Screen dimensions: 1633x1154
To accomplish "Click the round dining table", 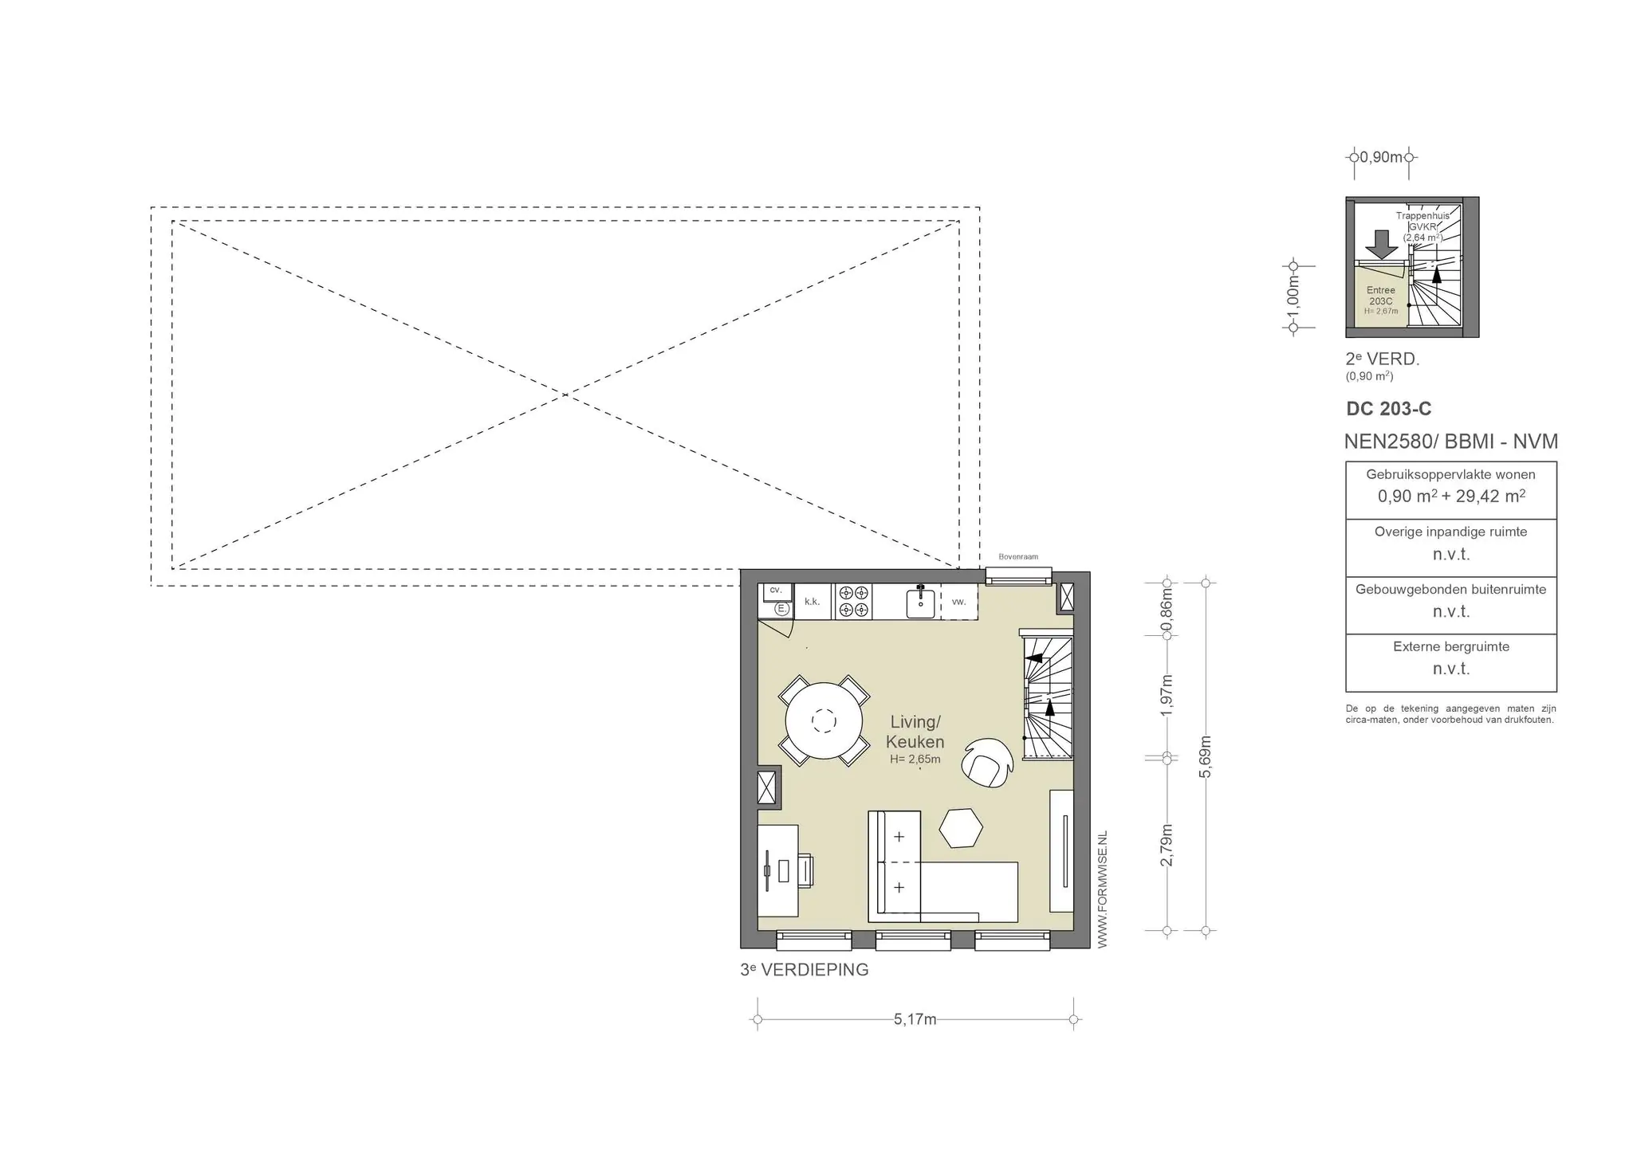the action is (824, 721).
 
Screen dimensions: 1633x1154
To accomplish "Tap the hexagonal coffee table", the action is (960, 829).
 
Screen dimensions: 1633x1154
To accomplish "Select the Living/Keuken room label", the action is (915, 732).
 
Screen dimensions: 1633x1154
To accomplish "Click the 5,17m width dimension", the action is (915, 1019).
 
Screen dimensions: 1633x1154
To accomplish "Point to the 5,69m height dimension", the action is (1206, 756).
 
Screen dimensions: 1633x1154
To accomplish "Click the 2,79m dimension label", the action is (1167, 845).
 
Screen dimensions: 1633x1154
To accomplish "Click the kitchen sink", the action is (923, 601).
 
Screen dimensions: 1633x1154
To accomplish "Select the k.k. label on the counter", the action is (812, 602).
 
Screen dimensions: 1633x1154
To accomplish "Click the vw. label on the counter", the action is (958, 602).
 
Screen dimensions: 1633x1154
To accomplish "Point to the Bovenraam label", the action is (1018, 557).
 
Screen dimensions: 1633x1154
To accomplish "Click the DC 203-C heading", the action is (1388, 409).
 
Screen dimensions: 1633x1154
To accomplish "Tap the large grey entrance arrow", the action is (1381, 244).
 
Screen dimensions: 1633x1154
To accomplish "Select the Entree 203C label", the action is (1381, 296).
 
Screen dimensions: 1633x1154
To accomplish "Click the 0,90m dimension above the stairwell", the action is (1381, 157).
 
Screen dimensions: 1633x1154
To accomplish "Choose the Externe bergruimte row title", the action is (1451, 646).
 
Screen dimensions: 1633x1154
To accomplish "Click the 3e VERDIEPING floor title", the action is (805, 970).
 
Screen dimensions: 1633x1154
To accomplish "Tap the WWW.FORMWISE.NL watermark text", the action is (1103, 889).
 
